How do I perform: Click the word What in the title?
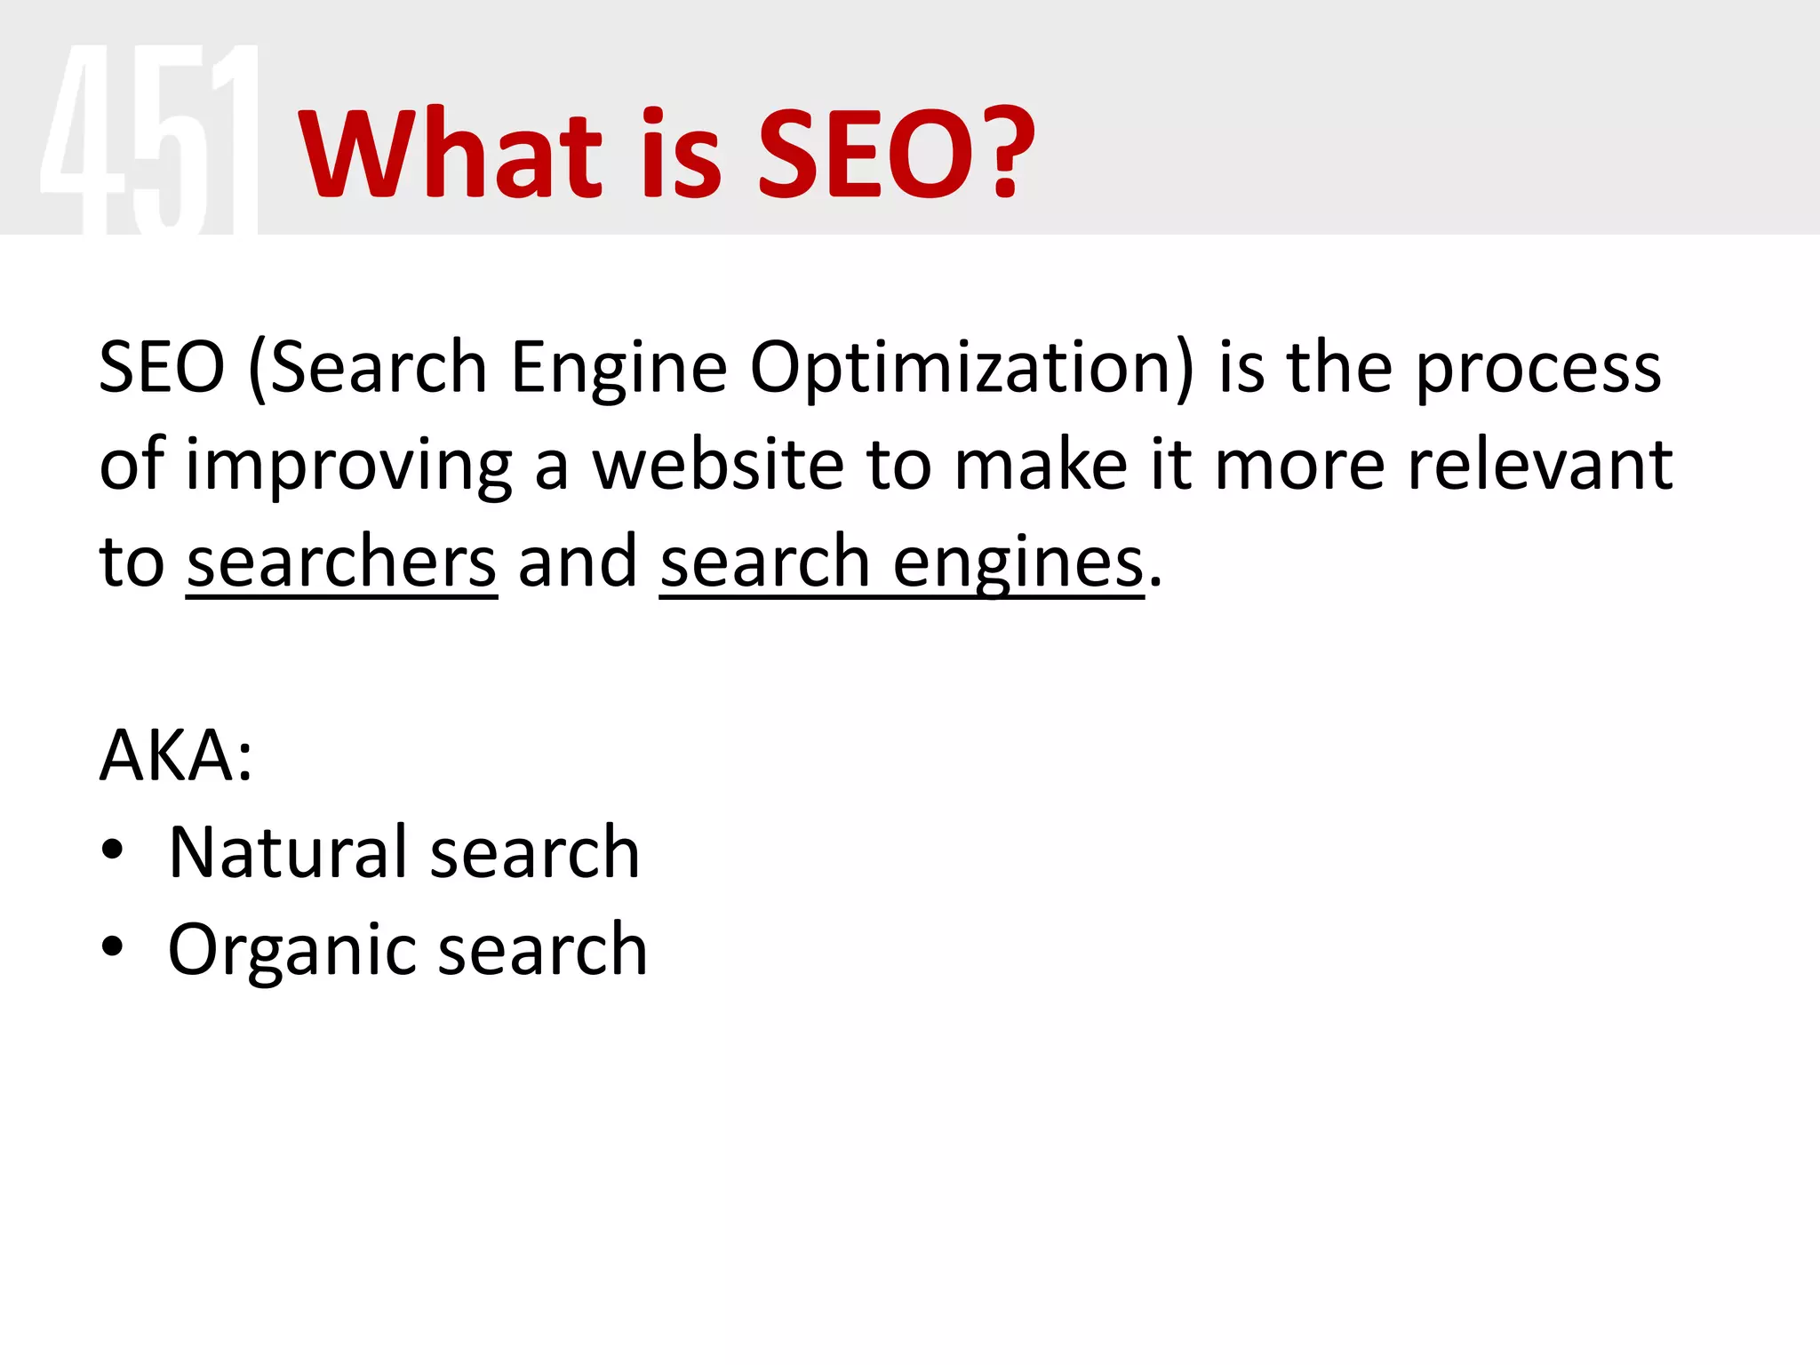click(451, 153)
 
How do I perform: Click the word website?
click(718, 466)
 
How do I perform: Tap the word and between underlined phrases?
click(578, 562)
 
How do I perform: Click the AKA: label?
click(176, 756)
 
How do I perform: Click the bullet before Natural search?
click(112, 851)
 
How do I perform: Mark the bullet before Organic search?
click(112, 947)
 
